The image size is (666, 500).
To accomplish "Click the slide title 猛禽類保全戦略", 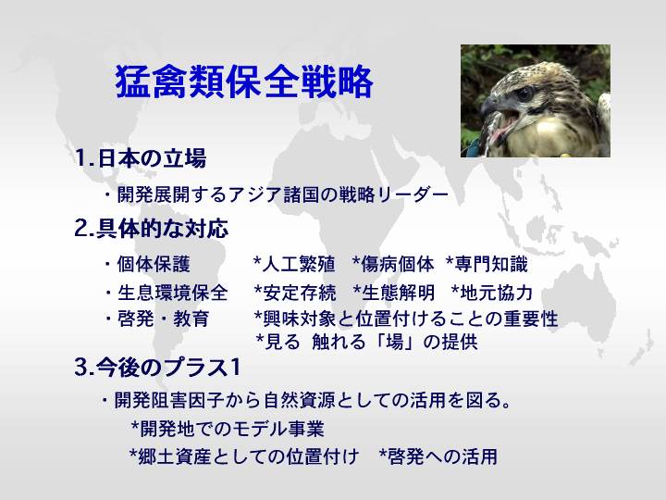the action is [244, 81].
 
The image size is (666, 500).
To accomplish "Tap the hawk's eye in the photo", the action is [525, 94].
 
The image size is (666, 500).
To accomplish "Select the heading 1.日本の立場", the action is [141, 158].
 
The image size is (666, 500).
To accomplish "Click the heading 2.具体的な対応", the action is [151, 229].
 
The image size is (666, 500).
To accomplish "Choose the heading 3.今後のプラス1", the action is [157, 368].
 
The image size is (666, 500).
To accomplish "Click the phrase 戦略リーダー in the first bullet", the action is [393, 194].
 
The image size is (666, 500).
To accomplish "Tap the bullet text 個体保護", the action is [154, 264].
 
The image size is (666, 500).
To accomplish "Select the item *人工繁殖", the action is [294, 264].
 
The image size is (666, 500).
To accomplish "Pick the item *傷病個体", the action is [393, 264].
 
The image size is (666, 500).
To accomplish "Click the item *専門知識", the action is [487, 264].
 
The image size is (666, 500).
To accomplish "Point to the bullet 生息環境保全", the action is [172, 293].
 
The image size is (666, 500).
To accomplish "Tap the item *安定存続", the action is [295, 293].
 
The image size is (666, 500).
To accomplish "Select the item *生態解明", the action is [394, 293].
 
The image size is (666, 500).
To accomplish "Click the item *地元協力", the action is [492, 293].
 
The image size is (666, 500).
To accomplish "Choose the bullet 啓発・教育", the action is [163, 319].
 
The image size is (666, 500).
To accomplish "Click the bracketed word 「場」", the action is [394, 342].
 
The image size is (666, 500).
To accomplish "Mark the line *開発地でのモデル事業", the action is [228, 429].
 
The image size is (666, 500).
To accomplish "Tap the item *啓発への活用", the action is [438, 456].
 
